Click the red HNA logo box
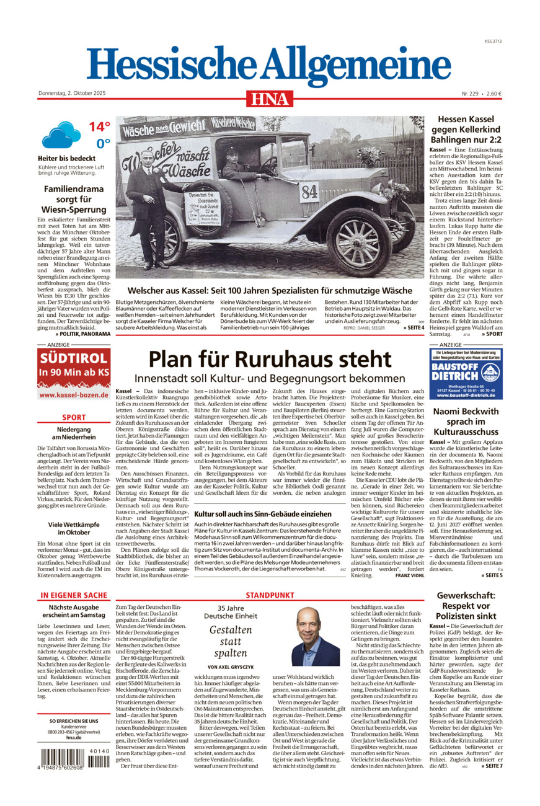point(270,99)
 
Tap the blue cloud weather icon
point(61,134)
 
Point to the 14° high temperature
point(99,127)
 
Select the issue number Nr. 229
point(470,94)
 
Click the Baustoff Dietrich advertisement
point(466,373)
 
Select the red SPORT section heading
point(74,417)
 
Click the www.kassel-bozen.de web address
point(74,394)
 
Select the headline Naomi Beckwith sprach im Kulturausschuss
point(466,421)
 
